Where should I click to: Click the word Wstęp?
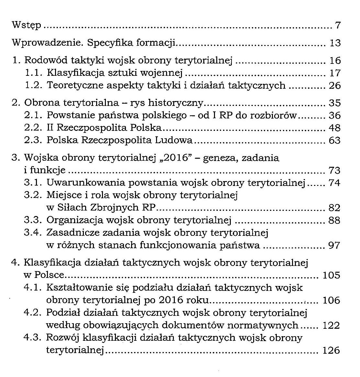[x=26, y=25]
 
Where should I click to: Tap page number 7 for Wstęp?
[x=338, y=25]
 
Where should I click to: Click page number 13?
[x=335, y=43]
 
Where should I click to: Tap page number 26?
[x=334, y=86]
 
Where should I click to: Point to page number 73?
[x=334, y=170]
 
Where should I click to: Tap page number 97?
[x=334, y=246]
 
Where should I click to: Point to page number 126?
[x=332, y=350]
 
